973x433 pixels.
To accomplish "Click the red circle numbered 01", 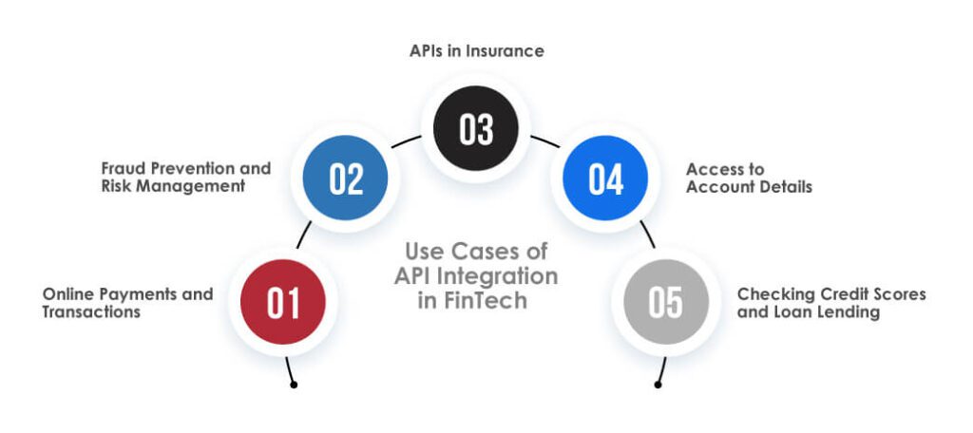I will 283,303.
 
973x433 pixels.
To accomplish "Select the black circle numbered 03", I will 476,129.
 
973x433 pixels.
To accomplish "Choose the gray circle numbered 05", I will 665,303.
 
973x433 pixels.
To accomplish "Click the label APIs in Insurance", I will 476,51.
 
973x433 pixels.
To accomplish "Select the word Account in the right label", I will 725,187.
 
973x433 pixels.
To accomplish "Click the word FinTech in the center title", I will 492,300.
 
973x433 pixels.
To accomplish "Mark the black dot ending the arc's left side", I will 294,385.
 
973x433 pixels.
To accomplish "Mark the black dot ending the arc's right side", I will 657,385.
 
